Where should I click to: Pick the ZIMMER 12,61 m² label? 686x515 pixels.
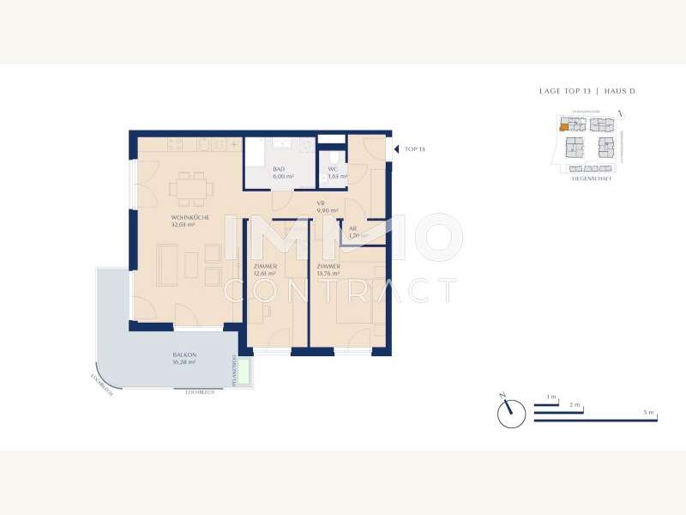click(266, 270)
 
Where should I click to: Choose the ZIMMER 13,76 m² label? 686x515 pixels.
click(328, 270)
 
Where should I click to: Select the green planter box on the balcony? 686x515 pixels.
click(244, 373)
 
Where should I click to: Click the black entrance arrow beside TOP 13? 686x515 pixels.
click(395, 148)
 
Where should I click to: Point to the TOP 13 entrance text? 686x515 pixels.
click(415, 148)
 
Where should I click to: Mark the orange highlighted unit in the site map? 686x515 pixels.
click(563, 127)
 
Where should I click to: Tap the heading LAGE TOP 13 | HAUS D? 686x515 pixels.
click(587, 91)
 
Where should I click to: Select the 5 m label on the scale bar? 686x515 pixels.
click(650, 413)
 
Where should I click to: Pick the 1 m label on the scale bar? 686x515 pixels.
click(551, 397)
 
